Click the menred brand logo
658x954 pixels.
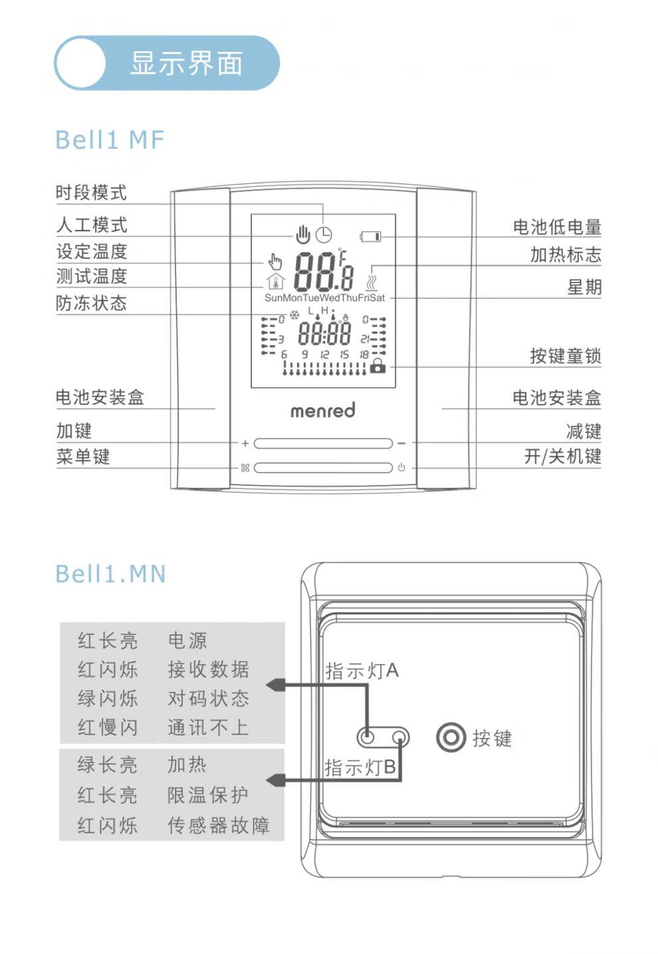click(322, 411)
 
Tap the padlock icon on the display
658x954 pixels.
click(378, 365)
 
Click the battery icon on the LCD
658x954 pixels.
click(370, 236)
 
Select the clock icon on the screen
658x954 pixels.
click(324, 235)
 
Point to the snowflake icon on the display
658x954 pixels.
click(294, 315)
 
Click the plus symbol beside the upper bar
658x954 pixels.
click(245, 443)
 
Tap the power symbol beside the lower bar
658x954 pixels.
click(401, 467)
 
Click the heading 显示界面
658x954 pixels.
click(186, 64)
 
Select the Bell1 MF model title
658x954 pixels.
click(110, 140)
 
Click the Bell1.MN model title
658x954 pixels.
click(110, 574)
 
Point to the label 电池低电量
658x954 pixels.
click(557, 227)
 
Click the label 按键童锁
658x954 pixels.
click(565, 356)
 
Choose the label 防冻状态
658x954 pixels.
click(91, 303)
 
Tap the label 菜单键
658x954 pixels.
click(83, 457)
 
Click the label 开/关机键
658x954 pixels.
click(562, 457)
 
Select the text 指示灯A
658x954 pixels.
click(362, 671)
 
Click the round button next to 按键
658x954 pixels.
click(451, 738)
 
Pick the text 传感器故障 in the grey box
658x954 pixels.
click(219, 826)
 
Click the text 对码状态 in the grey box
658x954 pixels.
click(209, 699)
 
